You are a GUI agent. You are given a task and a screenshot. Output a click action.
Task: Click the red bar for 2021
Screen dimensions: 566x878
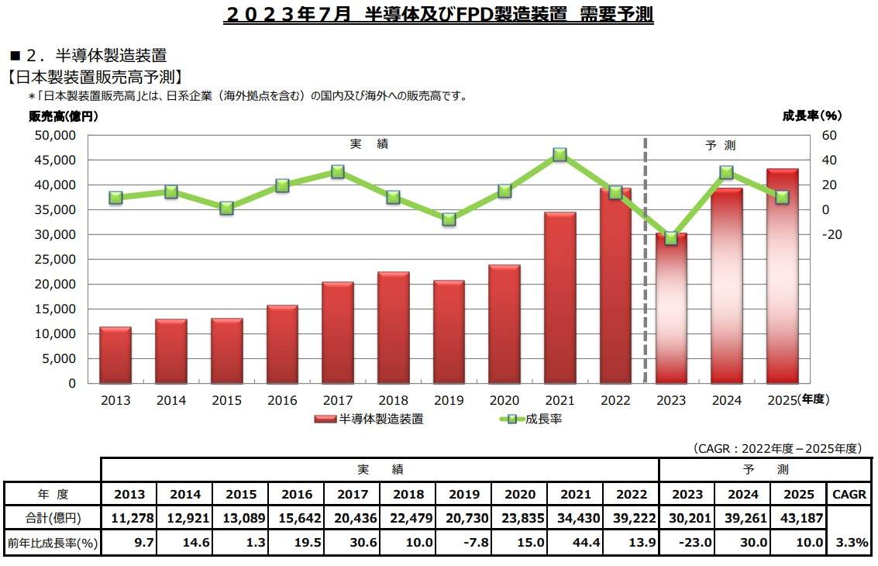click(x=560, y=298)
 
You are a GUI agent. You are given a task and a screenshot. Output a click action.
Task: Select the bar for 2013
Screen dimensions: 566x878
click(x=115, y=355)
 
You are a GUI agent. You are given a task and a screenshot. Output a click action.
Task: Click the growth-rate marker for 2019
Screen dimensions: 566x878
click(x=449, y=219)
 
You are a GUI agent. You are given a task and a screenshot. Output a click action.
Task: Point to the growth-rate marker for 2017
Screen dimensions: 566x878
click(x=337, y=171)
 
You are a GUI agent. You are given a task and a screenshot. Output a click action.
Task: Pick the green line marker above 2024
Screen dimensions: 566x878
click(x=727, y=172)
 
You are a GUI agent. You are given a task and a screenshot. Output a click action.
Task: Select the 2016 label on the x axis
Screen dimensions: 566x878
click(x=282, y=400)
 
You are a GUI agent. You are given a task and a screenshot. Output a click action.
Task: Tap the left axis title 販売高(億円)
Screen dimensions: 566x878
click(x=64, y=117)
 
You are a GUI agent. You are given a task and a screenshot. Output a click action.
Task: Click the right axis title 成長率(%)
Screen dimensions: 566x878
click(x=811, y=116)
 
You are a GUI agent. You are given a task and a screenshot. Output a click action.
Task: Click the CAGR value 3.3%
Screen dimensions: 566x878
click(x=850, y=544)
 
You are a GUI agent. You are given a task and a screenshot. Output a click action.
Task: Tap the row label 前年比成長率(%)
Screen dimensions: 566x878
click(x=53, y=544)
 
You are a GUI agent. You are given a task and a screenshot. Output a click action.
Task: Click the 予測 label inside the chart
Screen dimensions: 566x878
click(x=720, y=145)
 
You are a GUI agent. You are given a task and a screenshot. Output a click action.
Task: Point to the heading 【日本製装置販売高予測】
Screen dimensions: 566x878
click(x=95, y=76)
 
